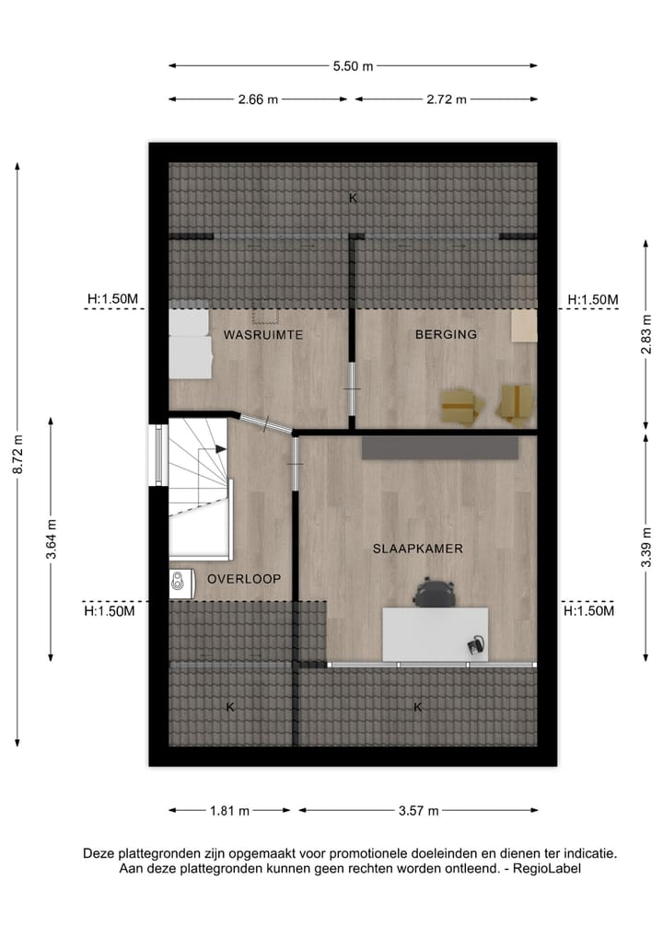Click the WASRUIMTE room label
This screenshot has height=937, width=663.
point(262,335)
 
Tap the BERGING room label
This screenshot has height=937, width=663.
point(446,335)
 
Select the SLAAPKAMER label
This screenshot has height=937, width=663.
point(417,549)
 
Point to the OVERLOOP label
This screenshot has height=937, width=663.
point(244,578)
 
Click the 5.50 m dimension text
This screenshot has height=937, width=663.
point(354,65)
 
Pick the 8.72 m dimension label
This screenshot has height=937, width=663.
point(17,453)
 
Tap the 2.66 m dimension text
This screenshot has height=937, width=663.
point(258,99)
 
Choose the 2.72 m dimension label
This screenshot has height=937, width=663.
point(445,99)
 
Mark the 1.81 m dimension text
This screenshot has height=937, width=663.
point(230,811)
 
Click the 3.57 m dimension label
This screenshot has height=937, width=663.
point(418,811)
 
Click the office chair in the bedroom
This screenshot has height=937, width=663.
point(434,592)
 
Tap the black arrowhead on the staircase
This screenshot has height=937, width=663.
point(221,449)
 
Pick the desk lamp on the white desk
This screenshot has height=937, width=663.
point(476,644)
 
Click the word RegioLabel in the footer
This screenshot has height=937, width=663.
point(550,868)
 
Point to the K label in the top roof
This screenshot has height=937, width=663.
point(353,197)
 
